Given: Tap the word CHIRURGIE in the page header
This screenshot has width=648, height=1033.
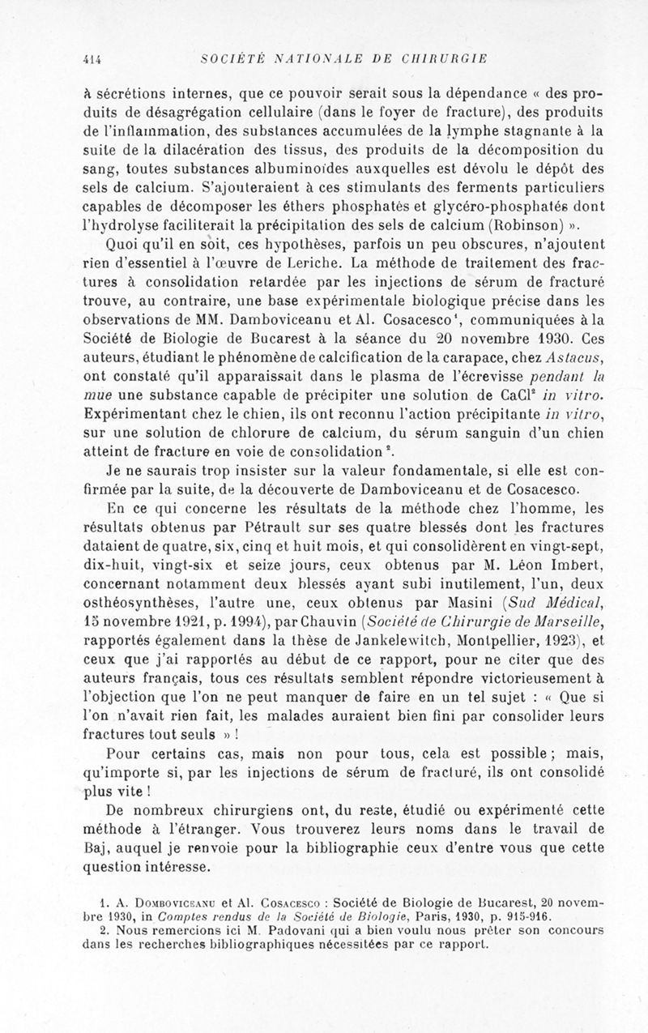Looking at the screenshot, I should pos(460,58).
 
